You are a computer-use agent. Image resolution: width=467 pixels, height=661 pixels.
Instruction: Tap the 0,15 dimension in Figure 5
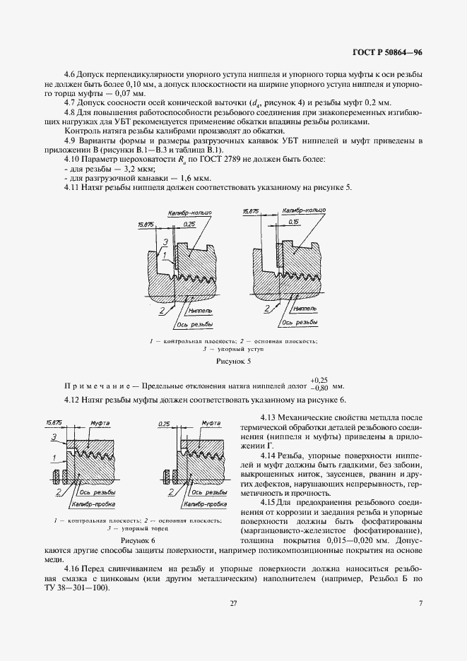[x=292, y=221]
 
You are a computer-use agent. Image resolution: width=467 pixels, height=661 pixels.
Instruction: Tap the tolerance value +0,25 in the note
[x=319, y=379]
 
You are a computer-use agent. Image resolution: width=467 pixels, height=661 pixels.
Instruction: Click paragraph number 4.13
[x=272, y=418]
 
